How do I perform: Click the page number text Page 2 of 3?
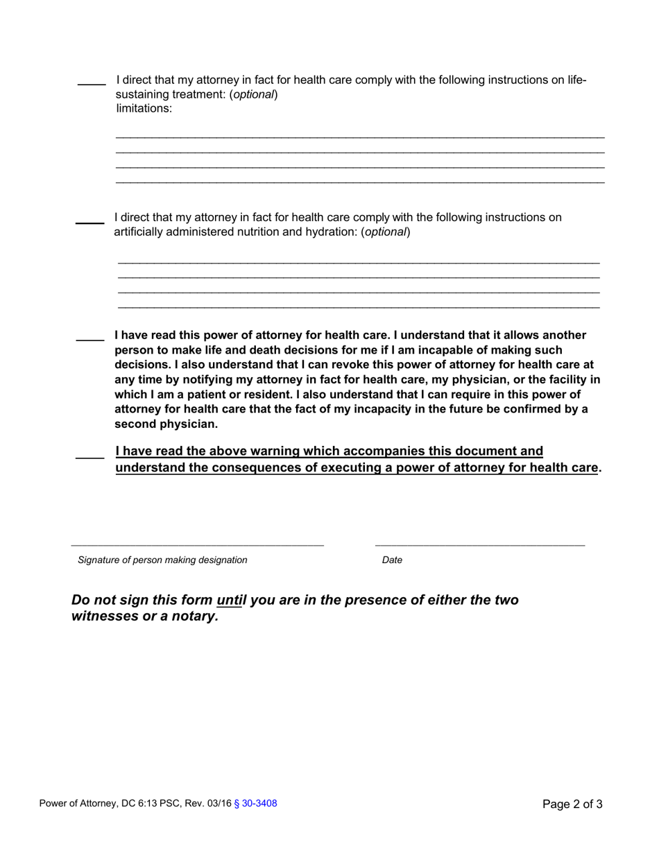(572, 804)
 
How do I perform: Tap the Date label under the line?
(392, 560)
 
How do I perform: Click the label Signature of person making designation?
(162, 560)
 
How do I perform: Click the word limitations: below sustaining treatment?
(144, 109)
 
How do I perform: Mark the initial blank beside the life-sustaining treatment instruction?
(91, 84)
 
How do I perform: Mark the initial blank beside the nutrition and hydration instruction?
(89, 222)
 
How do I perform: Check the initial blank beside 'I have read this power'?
(89, 339)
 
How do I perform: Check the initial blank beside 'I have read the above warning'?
(89, 456)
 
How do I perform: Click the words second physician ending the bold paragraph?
(166, 424)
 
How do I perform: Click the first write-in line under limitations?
(359, 137)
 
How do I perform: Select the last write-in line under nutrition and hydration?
(359, 307)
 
